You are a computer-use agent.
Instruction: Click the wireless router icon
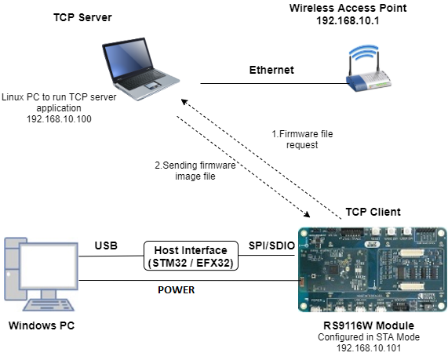pyautogui.click(x=368, y=69)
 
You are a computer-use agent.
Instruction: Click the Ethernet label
pyautogui.click(x=271, y=70)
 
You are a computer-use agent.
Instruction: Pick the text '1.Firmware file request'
pyautogui.click(x=302, y=140)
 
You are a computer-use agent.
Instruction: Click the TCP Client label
pyautogui.click(x=373, y=212)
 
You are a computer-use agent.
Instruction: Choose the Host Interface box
pyautogui.click(x=191, y=255)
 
